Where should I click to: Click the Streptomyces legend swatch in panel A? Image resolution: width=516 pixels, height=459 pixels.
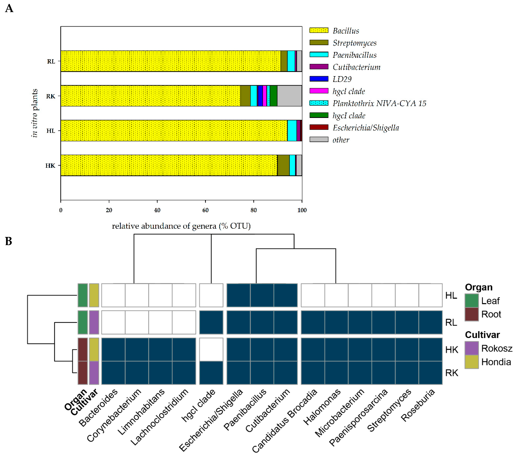[319, 43]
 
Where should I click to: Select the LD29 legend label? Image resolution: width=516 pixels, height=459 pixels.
[342, 79]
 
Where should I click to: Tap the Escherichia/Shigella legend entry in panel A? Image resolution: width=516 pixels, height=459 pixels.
[366, 128]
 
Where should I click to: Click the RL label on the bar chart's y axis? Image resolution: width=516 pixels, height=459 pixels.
[51, 61]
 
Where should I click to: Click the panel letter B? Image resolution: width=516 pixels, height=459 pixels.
[9, 241]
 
